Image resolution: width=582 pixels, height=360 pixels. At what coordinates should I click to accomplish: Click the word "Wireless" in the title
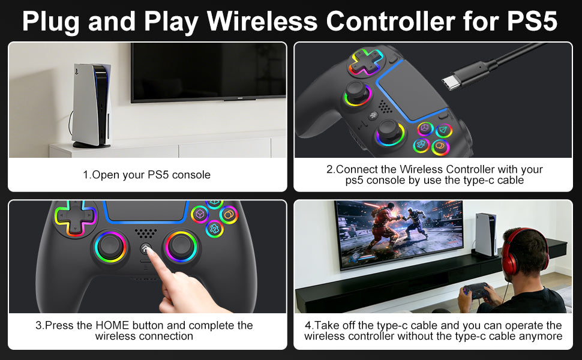pyautogui.click(x=262, y=21)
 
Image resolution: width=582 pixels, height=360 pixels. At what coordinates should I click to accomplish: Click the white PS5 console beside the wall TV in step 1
pyautogui.click(x=92, y=106)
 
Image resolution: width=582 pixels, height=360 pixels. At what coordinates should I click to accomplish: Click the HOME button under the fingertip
pyautogui.click(x=146, y=248)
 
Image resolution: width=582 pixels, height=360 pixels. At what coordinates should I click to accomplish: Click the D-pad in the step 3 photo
pyautogui.click(x=75, y=218)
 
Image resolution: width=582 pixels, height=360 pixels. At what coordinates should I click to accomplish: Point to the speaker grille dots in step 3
pyautogui.click(x=146, y=233)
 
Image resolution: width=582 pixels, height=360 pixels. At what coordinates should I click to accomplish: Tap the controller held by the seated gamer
pyautogui.click(x=476, y=291)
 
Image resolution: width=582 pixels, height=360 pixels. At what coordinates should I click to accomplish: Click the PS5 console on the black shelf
pyautogui.click(x=485, y=235)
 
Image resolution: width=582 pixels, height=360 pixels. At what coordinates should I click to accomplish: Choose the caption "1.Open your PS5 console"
pyautogui.click(x=146, y=175)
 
